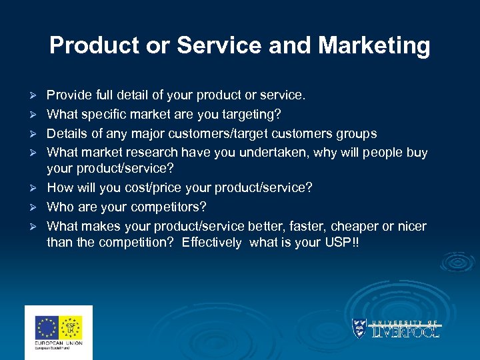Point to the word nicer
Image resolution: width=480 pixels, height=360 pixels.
(411, 226)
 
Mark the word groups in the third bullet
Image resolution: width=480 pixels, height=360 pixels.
(358, 133)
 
